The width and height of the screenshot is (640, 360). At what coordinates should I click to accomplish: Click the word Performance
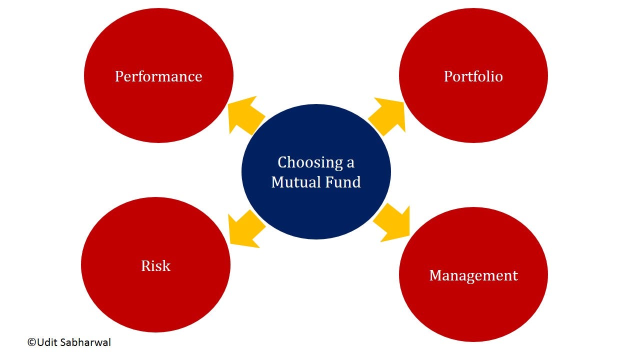[158, 77]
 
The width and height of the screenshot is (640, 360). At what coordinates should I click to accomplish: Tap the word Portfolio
[473, 77]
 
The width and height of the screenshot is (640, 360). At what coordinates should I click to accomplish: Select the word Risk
[155, 266]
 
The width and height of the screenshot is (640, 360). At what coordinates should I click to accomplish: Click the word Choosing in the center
[310, 163]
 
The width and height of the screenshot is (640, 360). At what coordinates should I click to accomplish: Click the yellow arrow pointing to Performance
[246, 115]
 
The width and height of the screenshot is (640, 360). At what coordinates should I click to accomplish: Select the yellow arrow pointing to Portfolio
[387, 116]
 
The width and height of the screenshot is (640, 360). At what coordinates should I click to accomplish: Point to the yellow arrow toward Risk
[247, 229]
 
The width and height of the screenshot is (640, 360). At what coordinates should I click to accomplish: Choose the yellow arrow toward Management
[391, 223]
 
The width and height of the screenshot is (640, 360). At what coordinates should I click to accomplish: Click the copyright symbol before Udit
[31, 342]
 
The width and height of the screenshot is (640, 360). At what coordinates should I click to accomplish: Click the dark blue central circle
[316, 171]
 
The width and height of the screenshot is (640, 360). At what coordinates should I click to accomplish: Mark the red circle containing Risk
[155, 264]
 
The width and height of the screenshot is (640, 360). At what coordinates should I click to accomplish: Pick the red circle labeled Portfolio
[473, 75]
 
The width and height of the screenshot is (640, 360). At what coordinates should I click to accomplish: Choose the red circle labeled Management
[473, 274]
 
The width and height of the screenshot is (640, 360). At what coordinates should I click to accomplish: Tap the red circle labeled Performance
[158, 75]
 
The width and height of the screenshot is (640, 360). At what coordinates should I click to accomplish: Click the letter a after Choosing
[350, 163]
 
